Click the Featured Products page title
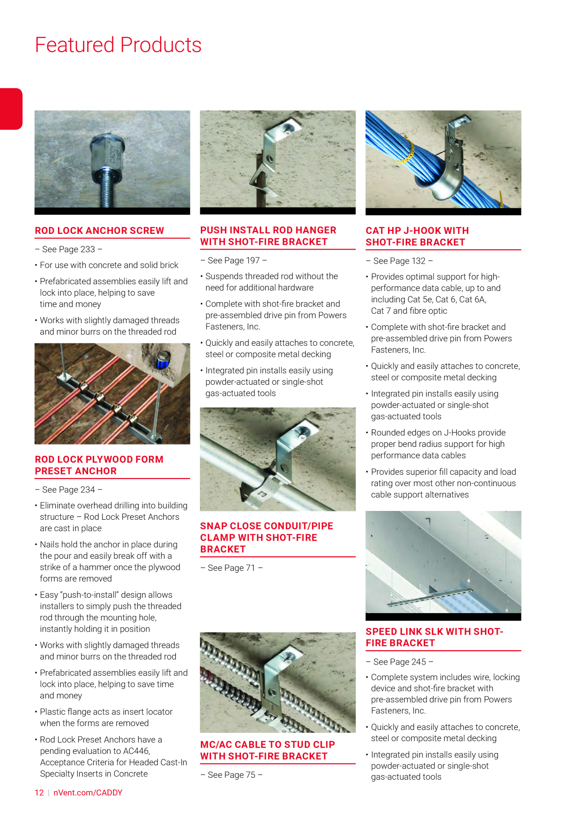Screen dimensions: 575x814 (118, 45)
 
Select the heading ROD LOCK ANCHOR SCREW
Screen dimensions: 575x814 (99, 231)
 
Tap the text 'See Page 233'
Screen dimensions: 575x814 (69, 249)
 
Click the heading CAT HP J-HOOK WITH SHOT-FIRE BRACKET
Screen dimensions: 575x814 (417, 236)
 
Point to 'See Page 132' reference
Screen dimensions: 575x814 (399, 261)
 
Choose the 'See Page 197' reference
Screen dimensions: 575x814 (234, 260)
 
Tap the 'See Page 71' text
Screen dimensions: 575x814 (231, 568)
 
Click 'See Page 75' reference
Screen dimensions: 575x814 (231, 775)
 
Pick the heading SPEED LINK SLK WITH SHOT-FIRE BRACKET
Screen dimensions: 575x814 (434, 637)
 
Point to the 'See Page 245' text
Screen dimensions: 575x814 (400, 662)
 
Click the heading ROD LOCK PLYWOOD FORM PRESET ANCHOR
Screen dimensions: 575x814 (99, 465)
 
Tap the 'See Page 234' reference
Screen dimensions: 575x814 (69, 490)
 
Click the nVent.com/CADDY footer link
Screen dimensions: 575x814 (88, 793)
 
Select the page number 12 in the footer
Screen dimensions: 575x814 (39, 793)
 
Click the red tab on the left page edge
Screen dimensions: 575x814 (11, 109)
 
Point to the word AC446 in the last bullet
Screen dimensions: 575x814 (137, 751)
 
